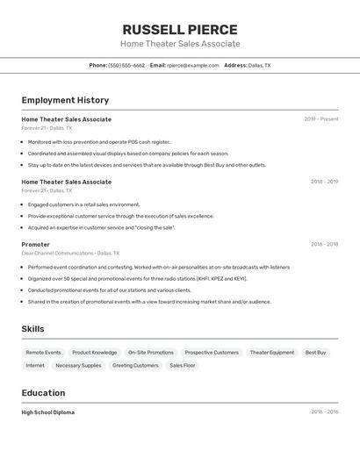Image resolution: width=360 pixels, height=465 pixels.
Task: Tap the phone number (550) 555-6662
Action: coord(126,65)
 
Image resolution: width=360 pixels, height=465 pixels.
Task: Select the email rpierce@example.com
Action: coord(192,65)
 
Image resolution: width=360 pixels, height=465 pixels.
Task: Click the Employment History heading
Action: coord(65,100)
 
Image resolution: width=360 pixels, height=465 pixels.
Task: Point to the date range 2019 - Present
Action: coord(321,119)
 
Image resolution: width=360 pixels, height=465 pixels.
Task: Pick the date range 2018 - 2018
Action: coord(324,182)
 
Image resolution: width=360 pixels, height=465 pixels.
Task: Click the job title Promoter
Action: coord(36,245)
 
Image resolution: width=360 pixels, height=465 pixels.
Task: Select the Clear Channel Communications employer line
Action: coord(69,253)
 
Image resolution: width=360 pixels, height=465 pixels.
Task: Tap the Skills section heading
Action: coord(33,329)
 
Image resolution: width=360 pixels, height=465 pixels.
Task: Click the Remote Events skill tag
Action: coord(43,353)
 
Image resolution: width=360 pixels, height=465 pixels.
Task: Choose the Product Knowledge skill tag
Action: coord(94,353)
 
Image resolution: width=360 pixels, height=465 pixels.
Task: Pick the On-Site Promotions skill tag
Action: coord(150,353)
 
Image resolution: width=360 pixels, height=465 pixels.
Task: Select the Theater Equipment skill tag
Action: coord(272,353)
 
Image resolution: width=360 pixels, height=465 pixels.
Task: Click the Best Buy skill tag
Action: coord(315,353)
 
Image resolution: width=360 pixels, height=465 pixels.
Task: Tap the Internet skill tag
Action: coord(35,365)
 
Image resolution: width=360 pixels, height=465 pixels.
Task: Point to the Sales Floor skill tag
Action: coord(182,365)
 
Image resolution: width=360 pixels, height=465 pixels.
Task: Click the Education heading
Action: coord(43,393)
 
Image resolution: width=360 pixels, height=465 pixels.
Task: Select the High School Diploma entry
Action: coord(48,412)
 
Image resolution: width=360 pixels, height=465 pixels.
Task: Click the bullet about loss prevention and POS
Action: coord(98,141)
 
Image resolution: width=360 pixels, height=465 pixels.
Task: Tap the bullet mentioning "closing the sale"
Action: coord(101,227)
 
